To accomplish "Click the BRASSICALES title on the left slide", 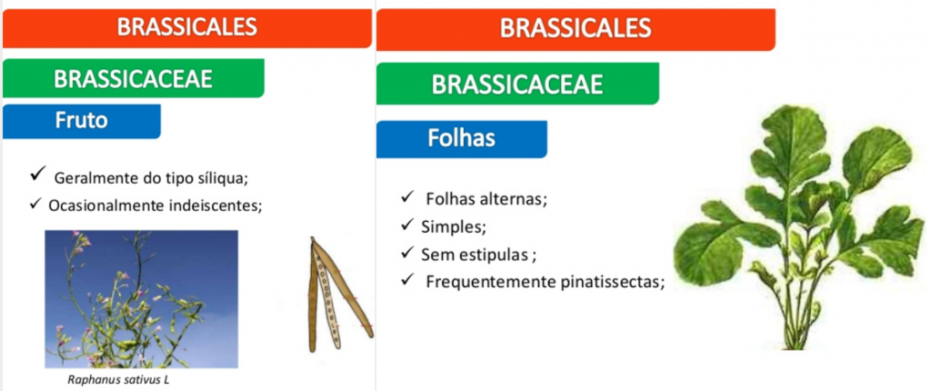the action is (x=187, y=26).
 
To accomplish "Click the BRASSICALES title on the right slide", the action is (x=576, y=27).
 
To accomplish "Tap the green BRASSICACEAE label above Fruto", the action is (x=133, y=78).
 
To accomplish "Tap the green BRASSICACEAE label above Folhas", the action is (x=516, y=85).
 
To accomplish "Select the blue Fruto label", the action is (x=81, y=120).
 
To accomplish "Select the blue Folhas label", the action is (x=461, y=138).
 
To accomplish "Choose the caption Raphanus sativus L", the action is (x=118, y=380).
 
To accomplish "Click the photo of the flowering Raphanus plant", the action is (x=141, y=299).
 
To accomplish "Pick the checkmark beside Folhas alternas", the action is (x=407, y=196).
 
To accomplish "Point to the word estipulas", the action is (x=493, y=255).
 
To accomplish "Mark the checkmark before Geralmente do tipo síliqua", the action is (x=39, y=174).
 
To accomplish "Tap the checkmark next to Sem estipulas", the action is (x=407, y=252).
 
